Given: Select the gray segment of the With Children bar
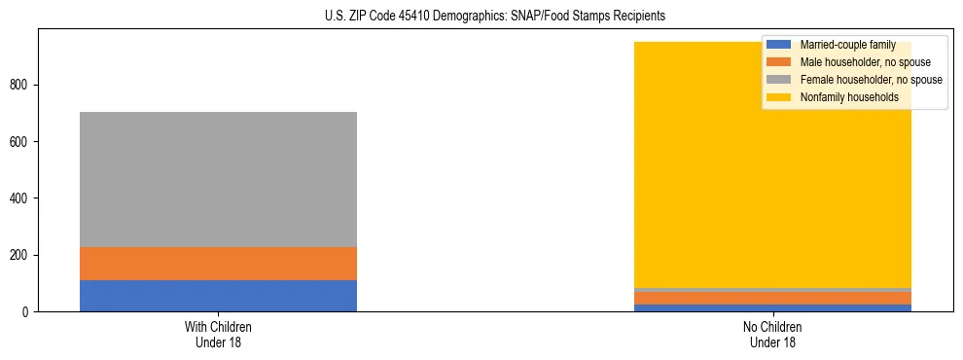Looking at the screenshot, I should (x=218, y=179).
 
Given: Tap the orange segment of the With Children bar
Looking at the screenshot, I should (x=218, y=264).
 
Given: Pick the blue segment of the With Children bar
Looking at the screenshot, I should (x=218, y=296).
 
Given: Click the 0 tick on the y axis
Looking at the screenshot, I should (x=28, y=312).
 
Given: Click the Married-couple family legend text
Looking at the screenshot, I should (x=847, y=45).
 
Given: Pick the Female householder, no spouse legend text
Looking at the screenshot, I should (x=871, y=80).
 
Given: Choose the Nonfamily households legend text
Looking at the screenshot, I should (x=849, y=97).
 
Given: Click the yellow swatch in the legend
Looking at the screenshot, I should (x=779, y=97).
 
